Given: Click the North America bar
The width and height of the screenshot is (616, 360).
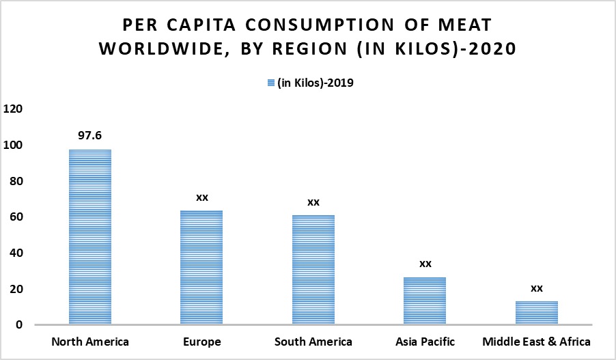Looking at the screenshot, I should point(89,237).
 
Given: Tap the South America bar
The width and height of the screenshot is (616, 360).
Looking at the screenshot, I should point(313,270).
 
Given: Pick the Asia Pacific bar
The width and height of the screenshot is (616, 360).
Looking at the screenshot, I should point(425,301).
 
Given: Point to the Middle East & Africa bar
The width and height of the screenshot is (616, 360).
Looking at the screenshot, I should point(537,313).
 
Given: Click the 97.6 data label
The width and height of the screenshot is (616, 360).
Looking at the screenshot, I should point(89,136).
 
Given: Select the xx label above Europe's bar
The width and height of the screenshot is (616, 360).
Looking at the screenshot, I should point(201,197).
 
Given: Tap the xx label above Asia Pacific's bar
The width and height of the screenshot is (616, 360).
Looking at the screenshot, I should point(425,264).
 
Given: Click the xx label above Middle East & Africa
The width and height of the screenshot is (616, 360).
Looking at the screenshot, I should point(537,288).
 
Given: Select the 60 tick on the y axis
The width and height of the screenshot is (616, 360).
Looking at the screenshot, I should point(16,217).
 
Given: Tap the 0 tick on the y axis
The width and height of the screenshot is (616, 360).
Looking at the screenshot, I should point(20,325).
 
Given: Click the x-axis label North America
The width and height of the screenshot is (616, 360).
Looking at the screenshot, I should point(89,341).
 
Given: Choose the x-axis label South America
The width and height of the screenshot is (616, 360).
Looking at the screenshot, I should point(313,341).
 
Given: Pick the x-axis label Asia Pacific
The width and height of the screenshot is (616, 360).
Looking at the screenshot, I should point(425,341).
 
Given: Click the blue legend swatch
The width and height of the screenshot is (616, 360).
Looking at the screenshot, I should point(270,83).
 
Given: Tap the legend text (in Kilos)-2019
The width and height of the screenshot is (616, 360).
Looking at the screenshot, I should point(315,83).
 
